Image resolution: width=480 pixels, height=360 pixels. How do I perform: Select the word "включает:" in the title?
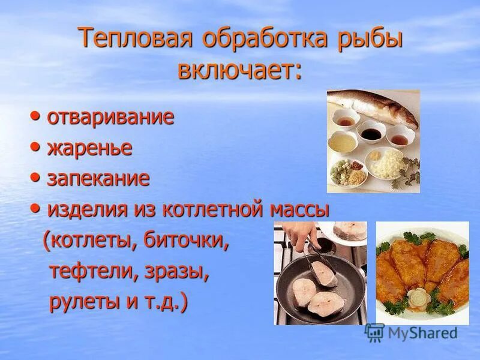(x=239, y=70)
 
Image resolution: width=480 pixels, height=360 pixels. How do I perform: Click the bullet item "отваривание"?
(x=110, y=116)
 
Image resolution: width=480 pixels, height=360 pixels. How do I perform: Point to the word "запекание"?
(x=98, y=178)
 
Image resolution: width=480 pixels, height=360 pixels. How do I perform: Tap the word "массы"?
(x=300, y=209)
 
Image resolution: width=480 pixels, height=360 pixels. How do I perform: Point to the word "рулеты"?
(x=85, y=302)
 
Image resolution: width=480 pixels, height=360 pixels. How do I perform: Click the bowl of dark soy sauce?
(x=370, y=131)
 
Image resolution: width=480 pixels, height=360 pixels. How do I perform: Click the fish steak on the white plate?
(x=350, y=232)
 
